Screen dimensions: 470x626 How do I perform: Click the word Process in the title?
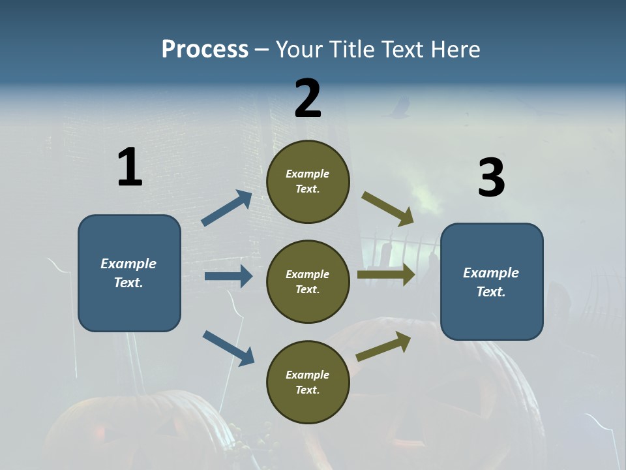(205, 50)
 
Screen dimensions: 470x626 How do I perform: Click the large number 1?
(130, 168)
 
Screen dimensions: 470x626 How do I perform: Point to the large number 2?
(308, 99)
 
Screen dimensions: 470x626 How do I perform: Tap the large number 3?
(492, 178)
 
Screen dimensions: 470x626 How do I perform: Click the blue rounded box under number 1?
(129, 273)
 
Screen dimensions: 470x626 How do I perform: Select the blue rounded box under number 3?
(492, 282)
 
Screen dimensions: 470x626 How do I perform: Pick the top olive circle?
(308, 181)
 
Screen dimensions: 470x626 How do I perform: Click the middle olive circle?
(308, 282)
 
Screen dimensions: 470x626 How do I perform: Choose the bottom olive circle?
(308, 383)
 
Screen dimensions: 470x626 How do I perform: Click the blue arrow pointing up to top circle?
(227, 208)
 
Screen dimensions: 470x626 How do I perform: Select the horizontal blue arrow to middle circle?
(228, 276)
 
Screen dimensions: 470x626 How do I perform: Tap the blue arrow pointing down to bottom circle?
(228, 348)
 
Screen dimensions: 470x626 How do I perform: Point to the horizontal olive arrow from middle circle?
(386, 274)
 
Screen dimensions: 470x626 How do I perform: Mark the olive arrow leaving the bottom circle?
(383, 346)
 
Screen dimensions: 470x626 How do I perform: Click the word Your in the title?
(297, 50)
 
